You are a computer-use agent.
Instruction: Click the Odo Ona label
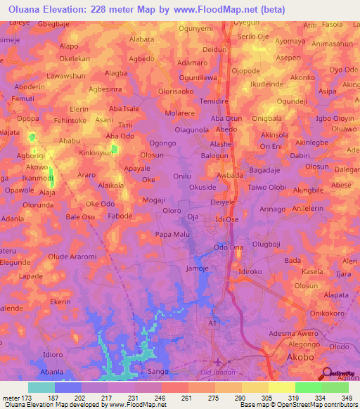point(229,248)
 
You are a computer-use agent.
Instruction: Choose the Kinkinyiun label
point(97,152)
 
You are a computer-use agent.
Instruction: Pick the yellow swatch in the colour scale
point(281,387)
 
